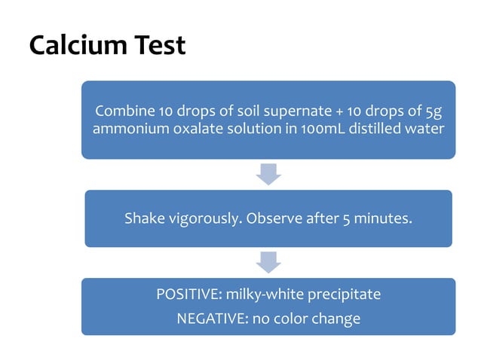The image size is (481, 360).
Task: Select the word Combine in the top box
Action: [122, 111]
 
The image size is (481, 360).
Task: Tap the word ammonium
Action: [126, 129]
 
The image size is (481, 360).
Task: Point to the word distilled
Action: [363, 129]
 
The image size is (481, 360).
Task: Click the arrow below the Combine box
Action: [268, 174]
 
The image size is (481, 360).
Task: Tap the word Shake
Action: [142, 219]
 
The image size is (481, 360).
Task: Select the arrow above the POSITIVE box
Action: [268, 262]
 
